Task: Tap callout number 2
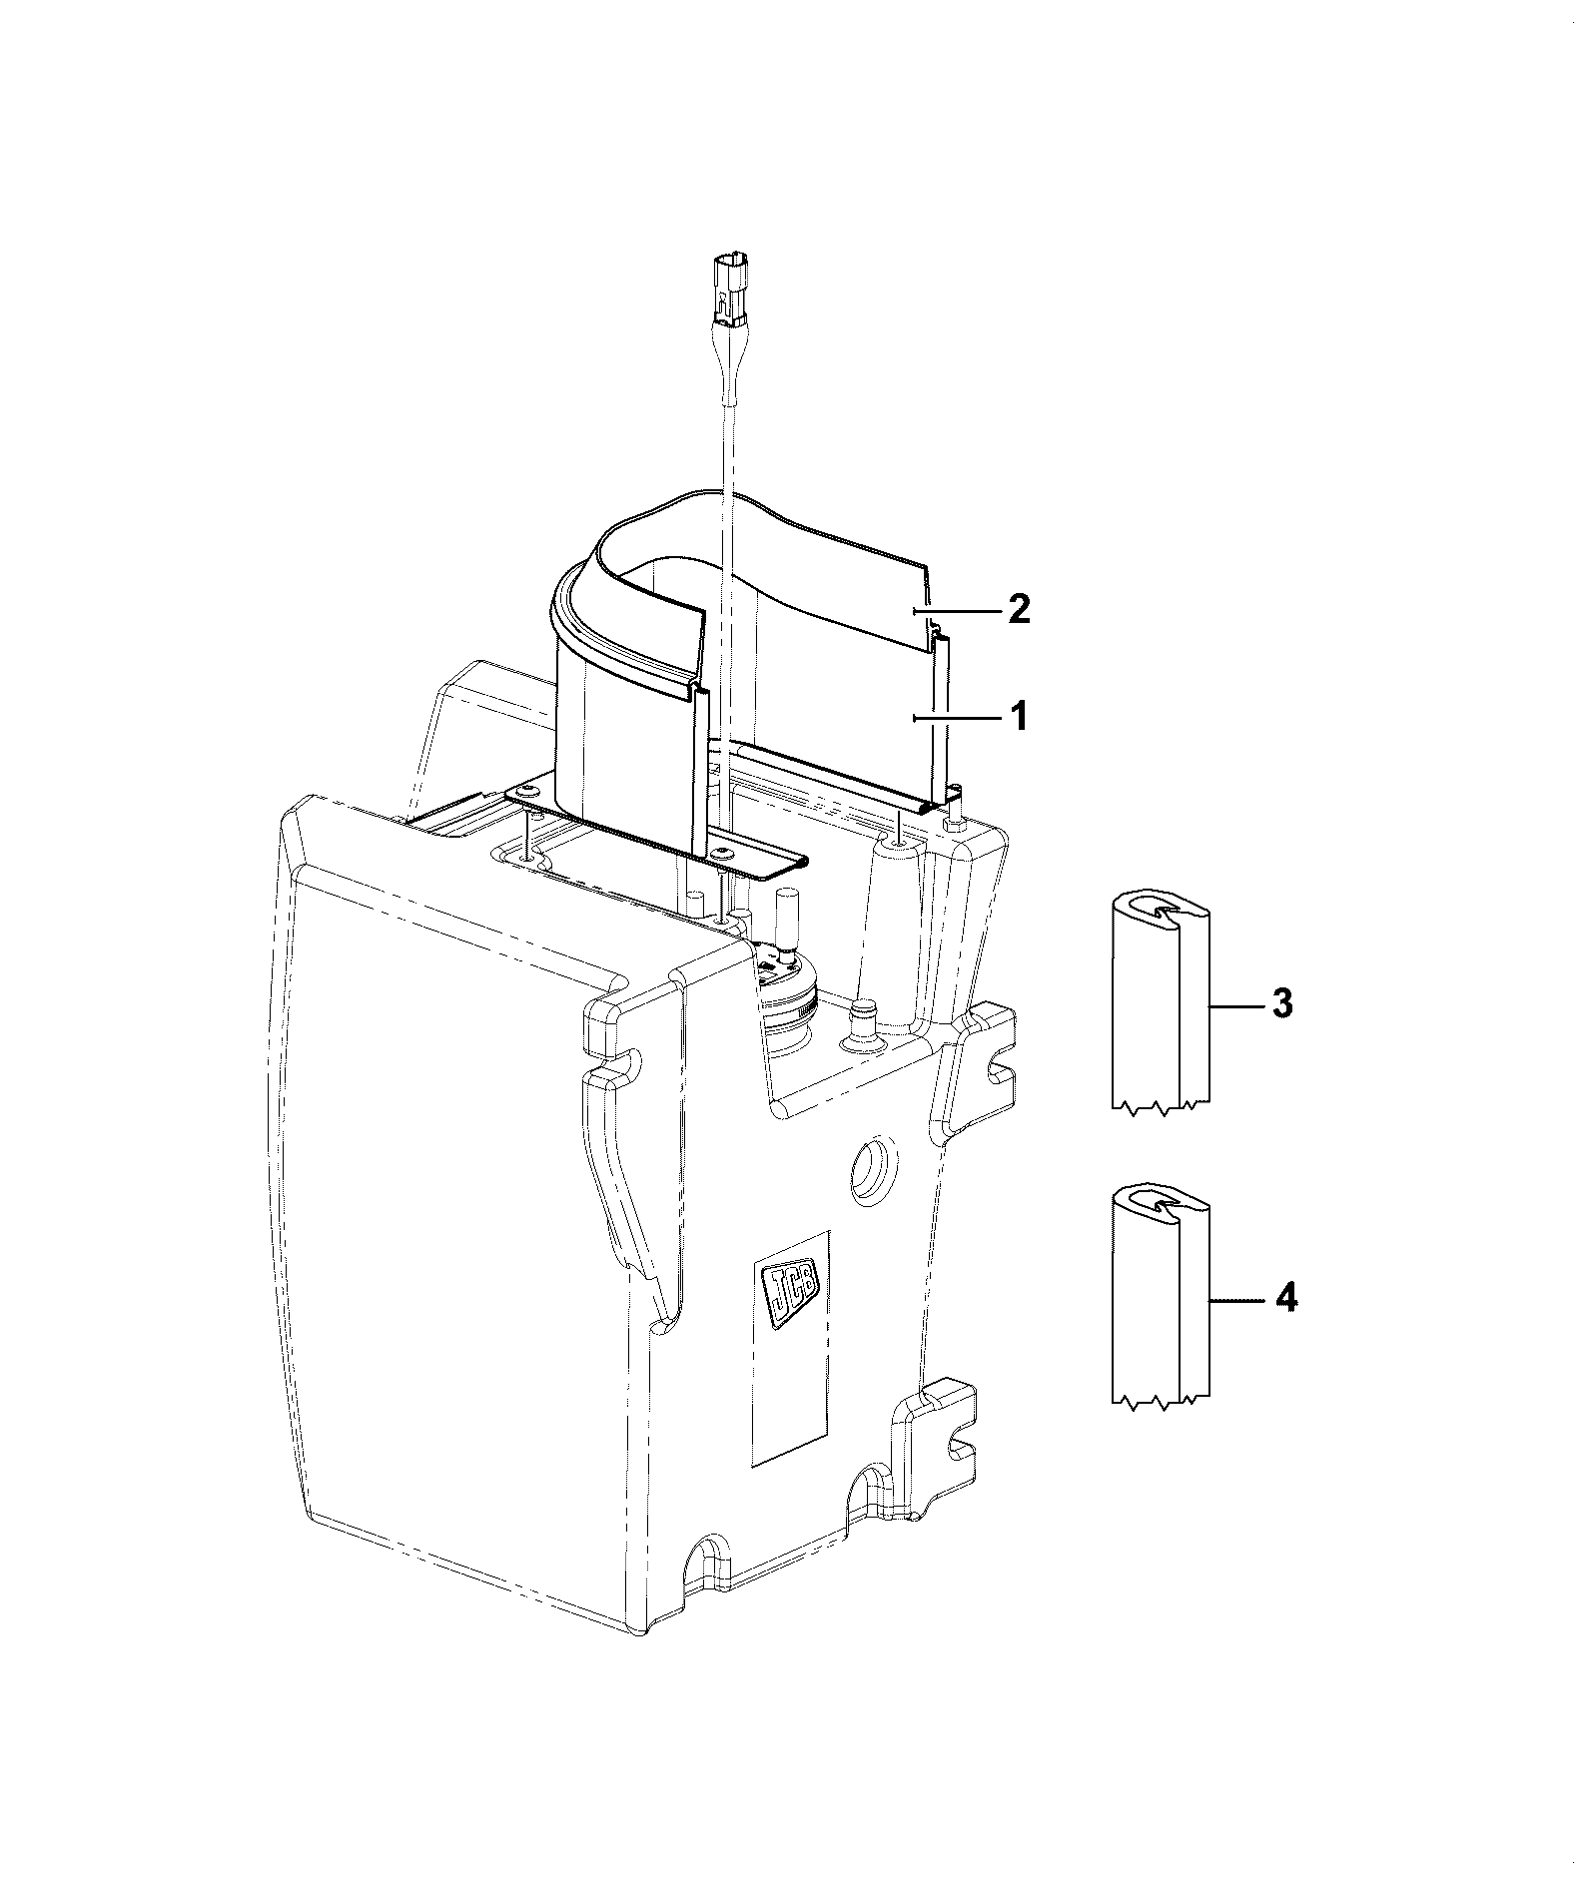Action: click(x=1018, y=608)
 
